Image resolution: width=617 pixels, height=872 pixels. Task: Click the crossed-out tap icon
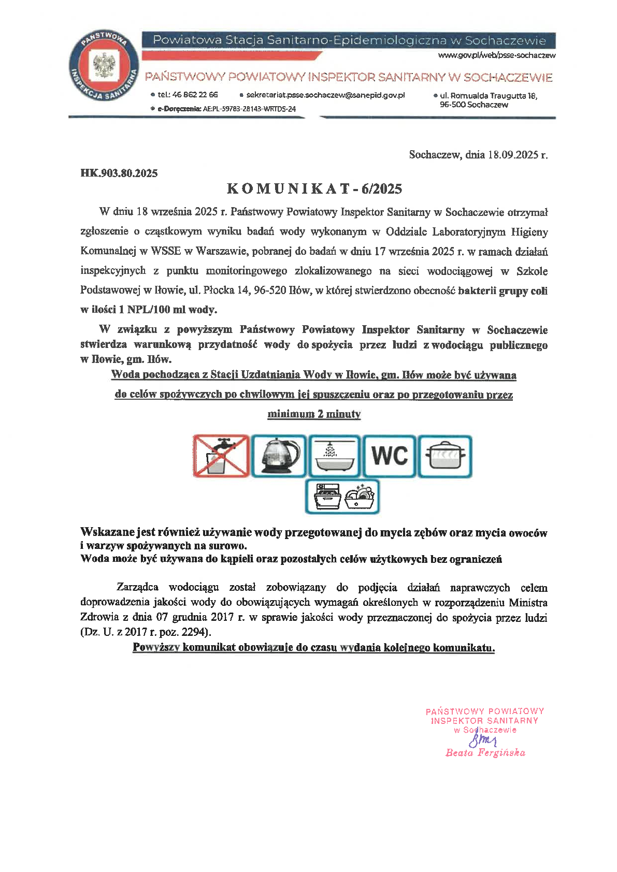coord(221,456)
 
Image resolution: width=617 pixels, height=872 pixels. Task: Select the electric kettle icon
coord(279,456)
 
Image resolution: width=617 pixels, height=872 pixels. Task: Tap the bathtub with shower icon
coord(334,456)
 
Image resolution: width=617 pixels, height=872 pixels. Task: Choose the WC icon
coord(390,456)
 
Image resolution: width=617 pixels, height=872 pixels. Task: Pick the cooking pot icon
coord(445,456)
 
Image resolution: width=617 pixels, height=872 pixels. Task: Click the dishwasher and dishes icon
coord(342,497)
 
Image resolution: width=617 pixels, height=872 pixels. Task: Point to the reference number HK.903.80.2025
coord(119,173)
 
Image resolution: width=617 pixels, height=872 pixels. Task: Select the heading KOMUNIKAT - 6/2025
coord(314,189)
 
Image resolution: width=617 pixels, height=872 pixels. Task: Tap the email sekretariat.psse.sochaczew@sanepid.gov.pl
coord(325,95)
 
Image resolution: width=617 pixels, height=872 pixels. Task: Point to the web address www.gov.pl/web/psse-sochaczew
coord(496,55)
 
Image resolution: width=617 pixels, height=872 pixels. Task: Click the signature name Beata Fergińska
coord(485,753)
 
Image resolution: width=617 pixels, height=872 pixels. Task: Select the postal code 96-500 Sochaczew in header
coord(473,105)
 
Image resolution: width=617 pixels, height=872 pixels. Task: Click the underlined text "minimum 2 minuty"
coord(314,414)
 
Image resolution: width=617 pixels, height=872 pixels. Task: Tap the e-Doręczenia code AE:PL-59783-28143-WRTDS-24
coord(249,109)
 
